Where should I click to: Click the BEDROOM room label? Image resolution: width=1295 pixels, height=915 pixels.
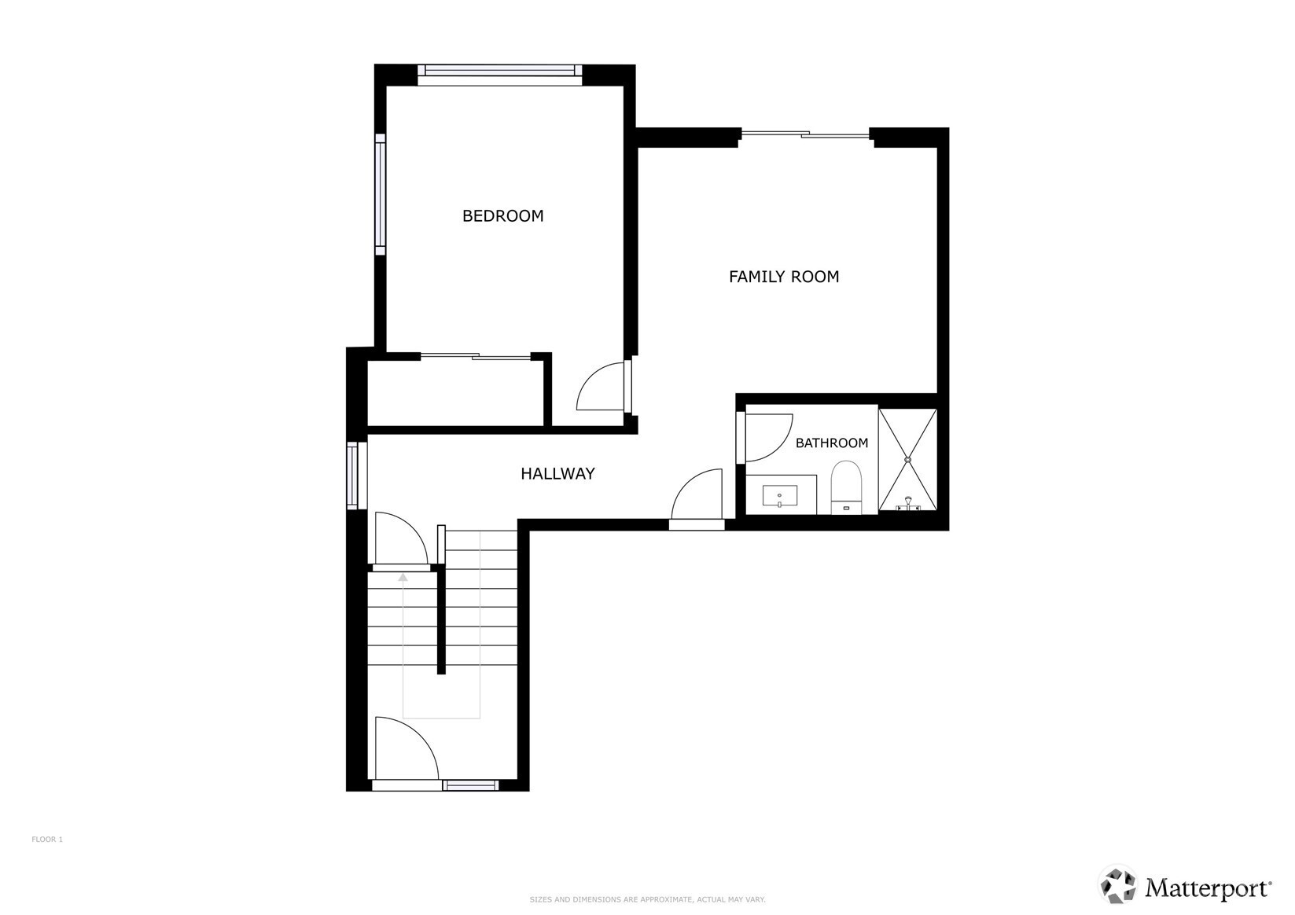[502, 216]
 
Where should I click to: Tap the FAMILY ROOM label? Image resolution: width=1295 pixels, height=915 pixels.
[783, 277]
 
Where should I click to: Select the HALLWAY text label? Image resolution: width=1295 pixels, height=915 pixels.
[557, 474]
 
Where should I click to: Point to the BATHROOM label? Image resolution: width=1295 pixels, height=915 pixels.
[831, 443]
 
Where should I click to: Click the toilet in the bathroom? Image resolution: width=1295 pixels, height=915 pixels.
[846, 487]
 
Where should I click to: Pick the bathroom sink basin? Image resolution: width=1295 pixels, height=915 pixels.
[780, 495]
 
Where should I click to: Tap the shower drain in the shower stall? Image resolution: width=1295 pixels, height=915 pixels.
[907, 460]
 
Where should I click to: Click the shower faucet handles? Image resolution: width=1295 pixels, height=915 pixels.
[907, 504]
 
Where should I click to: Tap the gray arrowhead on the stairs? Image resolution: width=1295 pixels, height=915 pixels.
[403, 576]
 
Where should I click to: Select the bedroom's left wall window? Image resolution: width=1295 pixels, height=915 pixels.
[380, 194]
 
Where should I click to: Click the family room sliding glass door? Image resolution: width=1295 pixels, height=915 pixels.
[804, 135]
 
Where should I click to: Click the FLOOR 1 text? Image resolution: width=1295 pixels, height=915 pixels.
[47, 840]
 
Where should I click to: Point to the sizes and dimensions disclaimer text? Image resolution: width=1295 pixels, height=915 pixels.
[648, 899]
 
